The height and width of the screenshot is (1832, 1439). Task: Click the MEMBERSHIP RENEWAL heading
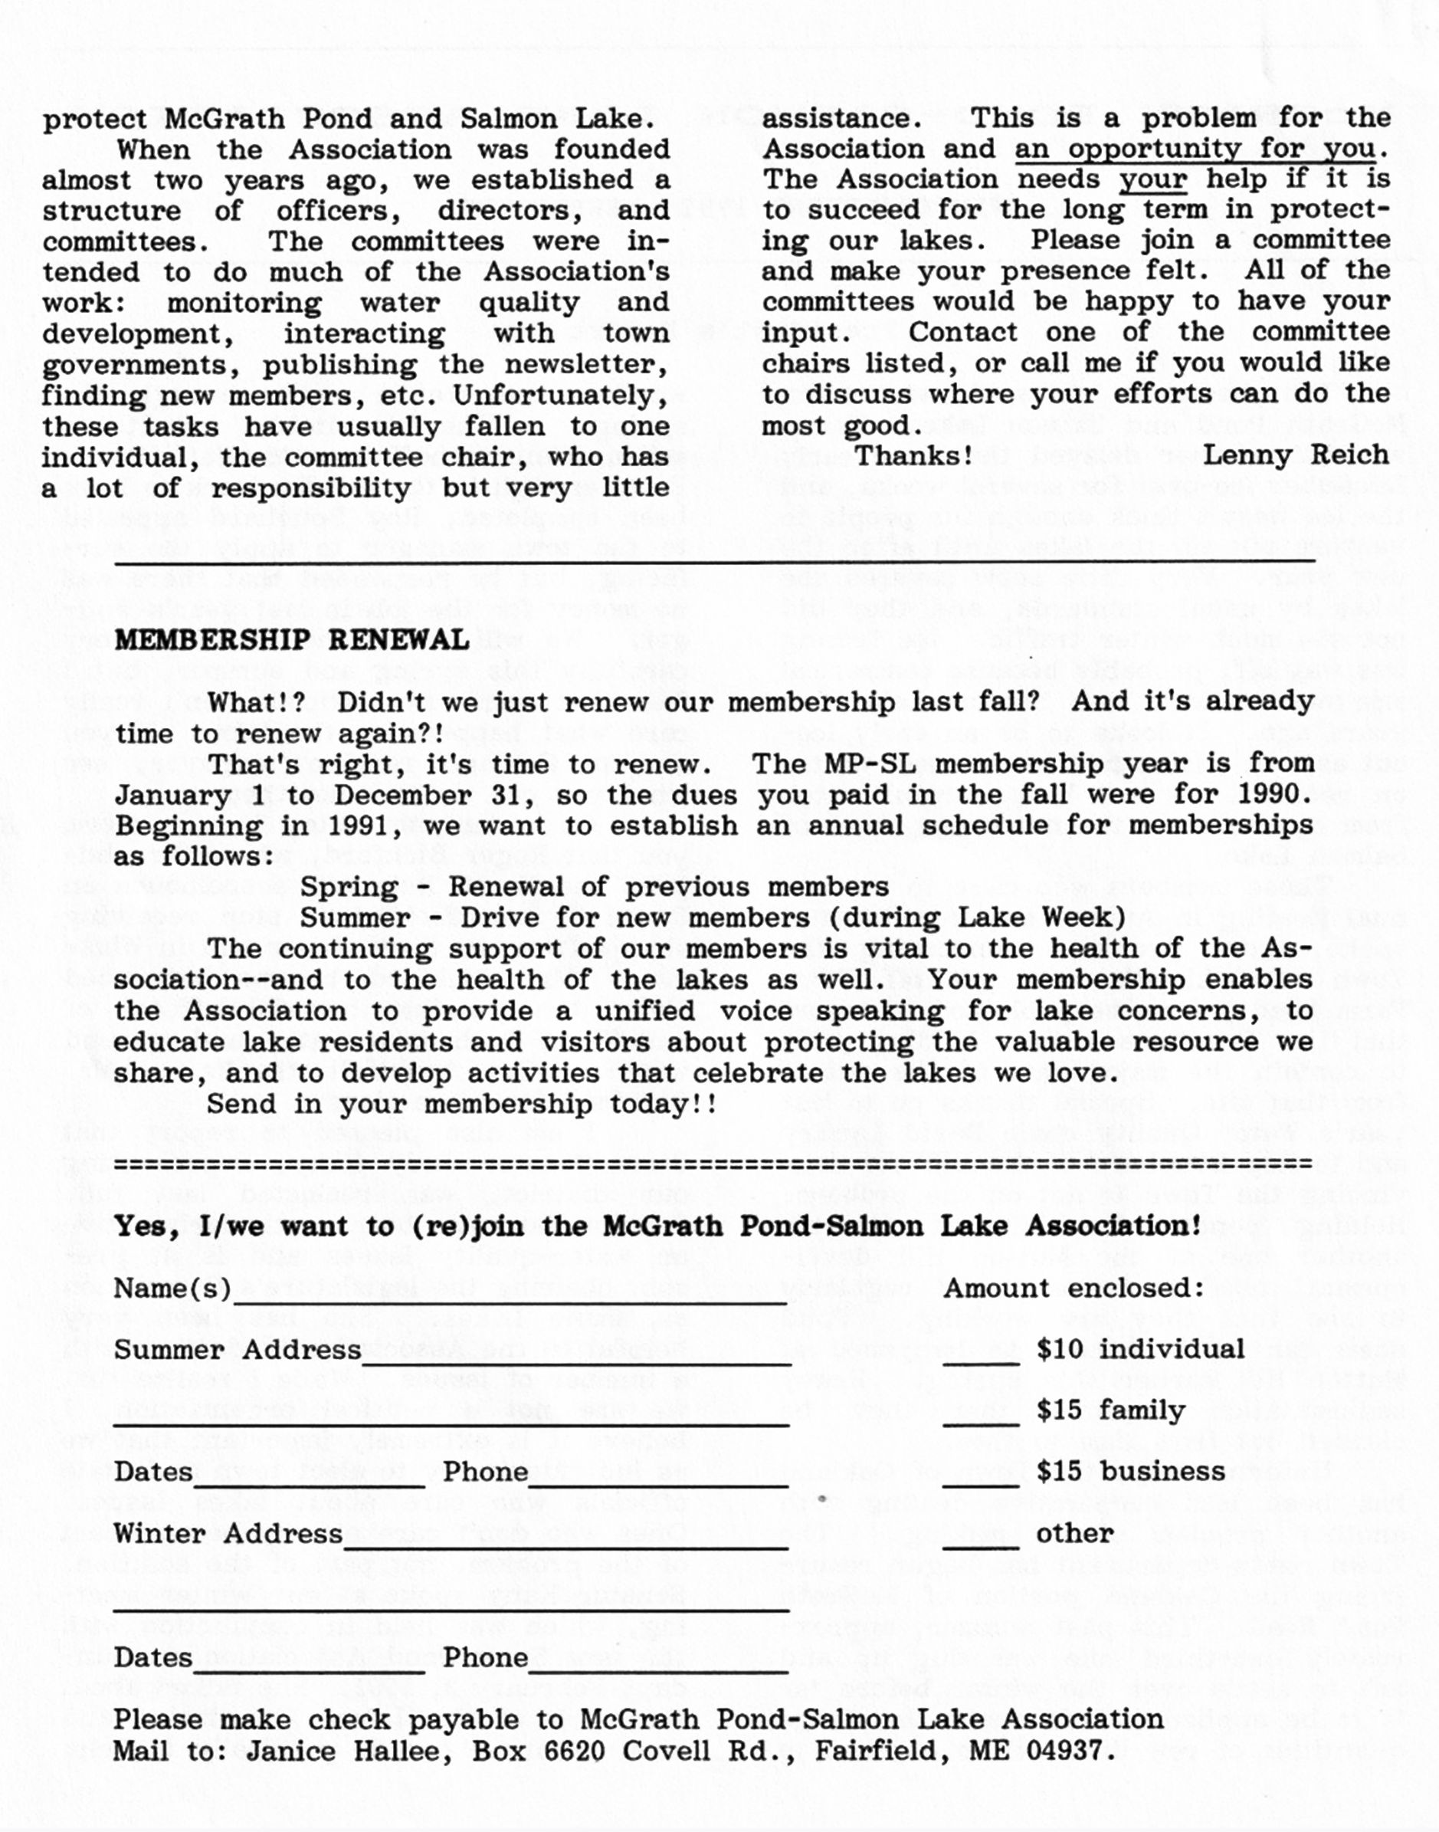[x=291, y=641]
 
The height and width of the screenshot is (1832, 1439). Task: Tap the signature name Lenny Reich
[x=1295, y=455]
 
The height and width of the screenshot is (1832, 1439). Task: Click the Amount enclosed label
[x=1074, y=1289]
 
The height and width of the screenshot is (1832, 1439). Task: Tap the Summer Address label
[x=238, y=1350]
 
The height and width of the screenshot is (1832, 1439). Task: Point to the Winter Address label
[x=228, y=1534]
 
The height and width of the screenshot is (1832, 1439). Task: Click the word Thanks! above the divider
[x=914, y=456]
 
